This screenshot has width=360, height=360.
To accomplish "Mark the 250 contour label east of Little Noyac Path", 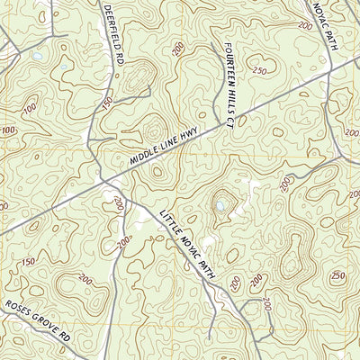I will click(x=337, y=275).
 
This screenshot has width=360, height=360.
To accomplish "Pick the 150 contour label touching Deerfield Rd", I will click(x=107, y=106).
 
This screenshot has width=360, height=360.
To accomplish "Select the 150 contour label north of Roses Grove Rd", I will click(x=27, y=262).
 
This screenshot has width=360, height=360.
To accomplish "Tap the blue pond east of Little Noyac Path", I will click(x=221, y=206).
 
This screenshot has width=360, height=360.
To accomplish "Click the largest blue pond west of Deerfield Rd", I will click(x=37, y=57).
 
